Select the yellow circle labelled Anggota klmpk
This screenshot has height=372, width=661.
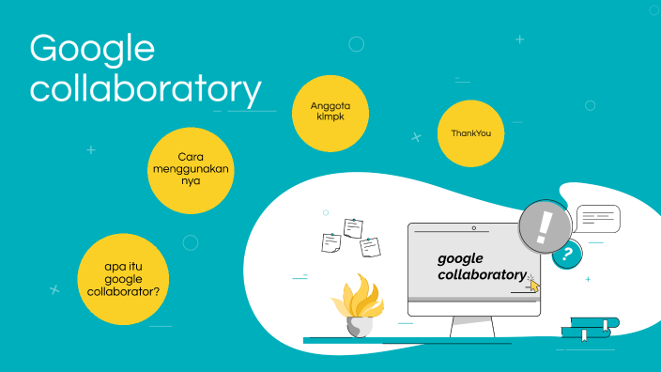pos(330,112)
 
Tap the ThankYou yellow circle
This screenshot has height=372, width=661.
pos(470,133)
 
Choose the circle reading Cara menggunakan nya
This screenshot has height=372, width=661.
pos(191,169)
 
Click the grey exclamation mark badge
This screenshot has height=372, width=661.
pos(545,226)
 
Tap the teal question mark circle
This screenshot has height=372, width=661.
pos(566,254)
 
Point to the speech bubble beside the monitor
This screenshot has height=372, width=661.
pos(598,218)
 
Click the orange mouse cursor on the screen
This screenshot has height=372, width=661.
pos(534,285)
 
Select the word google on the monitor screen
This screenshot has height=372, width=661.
pos(460,257)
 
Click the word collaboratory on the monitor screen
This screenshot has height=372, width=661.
pos(482,274)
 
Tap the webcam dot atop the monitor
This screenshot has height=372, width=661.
pos(474,228)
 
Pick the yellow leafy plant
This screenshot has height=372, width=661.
pos(358,298)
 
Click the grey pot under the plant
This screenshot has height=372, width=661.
pos(359,326)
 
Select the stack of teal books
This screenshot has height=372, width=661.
pos(591,326)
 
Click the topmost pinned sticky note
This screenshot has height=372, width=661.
pos(354,227)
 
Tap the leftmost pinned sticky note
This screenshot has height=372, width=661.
pos(330,242)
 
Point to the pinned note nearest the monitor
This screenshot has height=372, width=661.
pos(371,246)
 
